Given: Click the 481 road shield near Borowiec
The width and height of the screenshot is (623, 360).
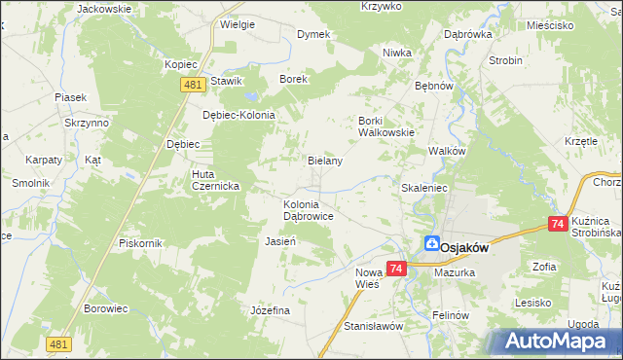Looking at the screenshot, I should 57,343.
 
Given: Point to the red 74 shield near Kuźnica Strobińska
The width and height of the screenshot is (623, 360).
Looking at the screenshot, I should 558,224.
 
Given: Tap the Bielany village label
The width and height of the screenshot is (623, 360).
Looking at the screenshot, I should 325,161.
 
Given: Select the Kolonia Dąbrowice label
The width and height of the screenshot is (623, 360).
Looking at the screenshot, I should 309,210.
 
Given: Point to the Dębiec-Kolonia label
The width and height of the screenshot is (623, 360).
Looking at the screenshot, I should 238,115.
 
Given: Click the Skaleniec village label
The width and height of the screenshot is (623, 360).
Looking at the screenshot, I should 423,187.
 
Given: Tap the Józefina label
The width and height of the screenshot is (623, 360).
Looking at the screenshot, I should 271,309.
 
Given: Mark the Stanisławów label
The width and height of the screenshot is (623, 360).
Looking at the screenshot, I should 373,326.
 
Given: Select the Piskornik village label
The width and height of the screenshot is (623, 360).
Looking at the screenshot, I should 138,242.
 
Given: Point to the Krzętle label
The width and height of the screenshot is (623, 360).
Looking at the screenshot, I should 580,141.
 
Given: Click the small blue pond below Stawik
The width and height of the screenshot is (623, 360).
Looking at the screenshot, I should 251,97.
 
